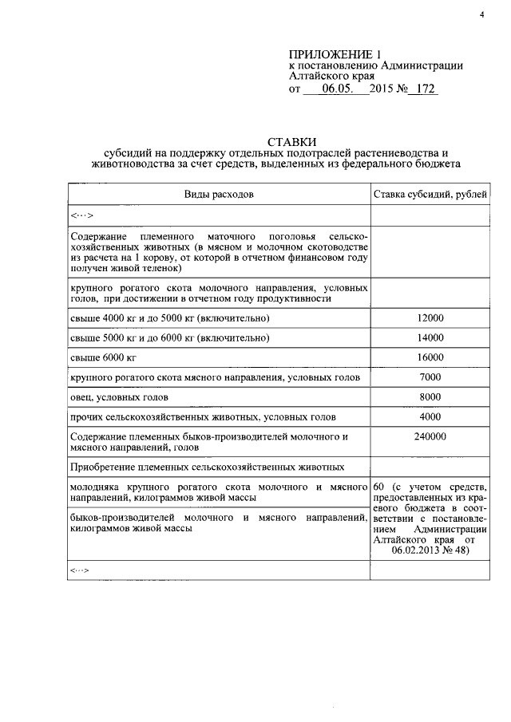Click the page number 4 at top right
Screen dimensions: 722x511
pyautogui.click(x=482, y=13)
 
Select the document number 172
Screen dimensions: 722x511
pyautogui.click(x=422, y=90)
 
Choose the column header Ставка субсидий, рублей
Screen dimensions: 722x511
pyautogui.click(x=430, y=194)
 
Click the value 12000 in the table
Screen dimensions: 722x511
pyautogui.click(x=430, y=318)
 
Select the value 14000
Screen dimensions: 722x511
pyautogui.click(x=430, y=338)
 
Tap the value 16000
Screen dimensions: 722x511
pyautogui.click(x=430, y=357)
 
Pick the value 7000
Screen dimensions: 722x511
pyautogui.click(x=430, y=377)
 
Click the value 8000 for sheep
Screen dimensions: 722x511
pyautogui.click(x=430, y=397)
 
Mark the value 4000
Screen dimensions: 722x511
pyautogui.click(x=430, y=416)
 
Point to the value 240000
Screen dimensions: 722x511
pyautogui.click(x=430, y=436)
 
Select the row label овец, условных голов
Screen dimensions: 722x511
pyautogui.click(x=121, y=397)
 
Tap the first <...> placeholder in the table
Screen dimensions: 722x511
pyautogui.click(x=82, y=215)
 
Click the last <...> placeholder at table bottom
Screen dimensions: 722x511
pyautogui.click(x=82, y=570)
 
